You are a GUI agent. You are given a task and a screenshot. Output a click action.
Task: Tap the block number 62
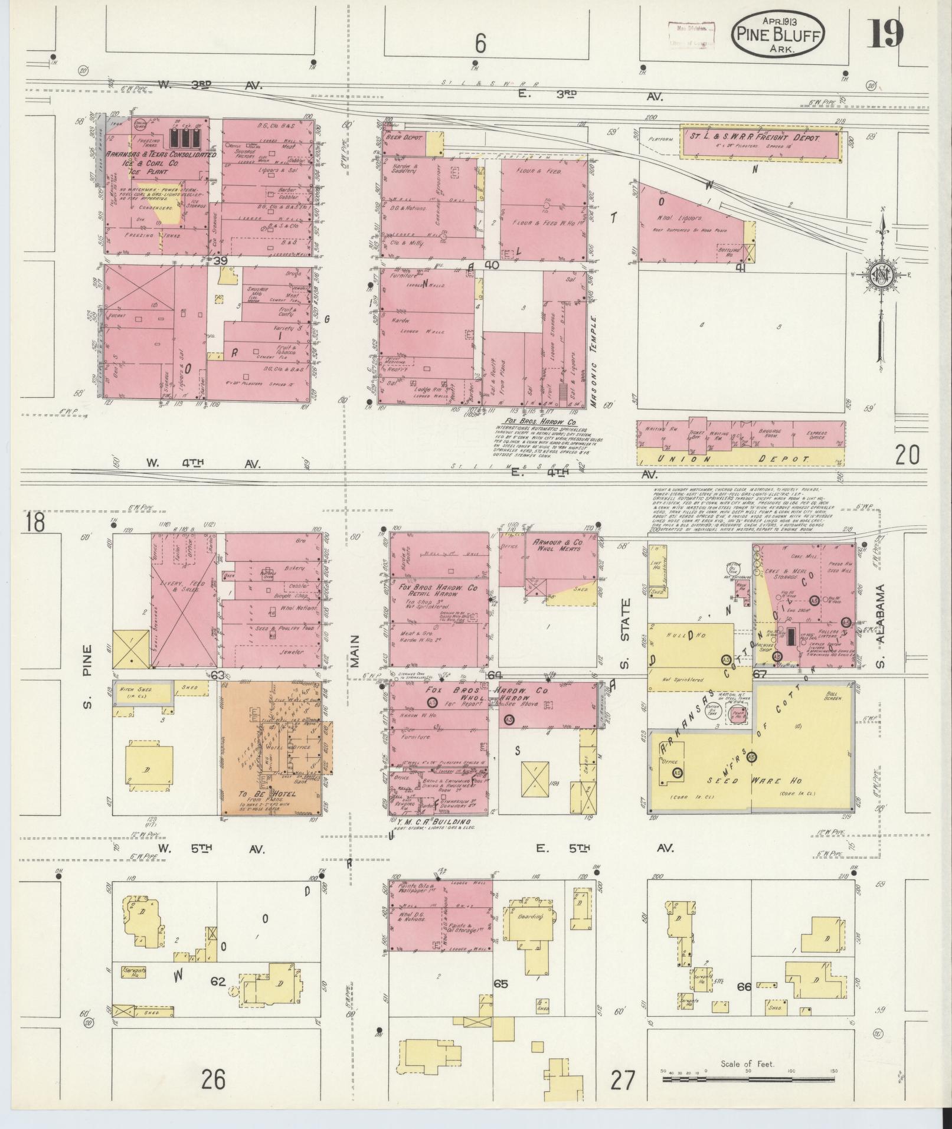pos(218,982)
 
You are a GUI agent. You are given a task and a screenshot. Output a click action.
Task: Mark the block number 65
pos(501,984)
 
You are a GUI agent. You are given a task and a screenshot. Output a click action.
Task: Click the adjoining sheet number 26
pos(212,1079)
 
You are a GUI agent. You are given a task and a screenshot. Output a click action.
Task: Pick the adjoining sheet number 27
pos(623,1081)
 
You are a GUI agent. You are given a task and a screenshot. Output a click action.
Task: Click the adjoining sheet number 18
pos(35,522)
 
